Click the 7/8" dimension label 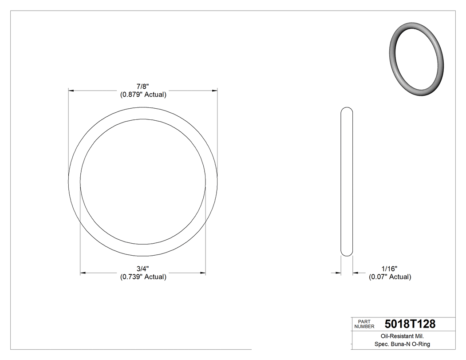[142, 87]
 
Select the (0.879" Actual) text [143, 95]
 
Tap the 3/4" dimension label [142, 269]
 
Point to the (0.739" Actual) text [143, 277]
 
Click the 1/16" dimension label [389, 269]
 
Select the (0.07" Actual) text [390, 277]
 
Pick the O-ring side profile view [347, 182]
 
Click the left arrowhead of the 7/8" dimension [71, 91]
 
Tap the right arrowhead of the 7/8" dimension [214, 91]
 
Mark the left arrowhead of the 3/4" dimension [83, 273]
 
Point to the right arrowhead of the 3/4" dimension [202, 273]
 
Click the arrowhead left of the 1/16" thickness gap [338, 273]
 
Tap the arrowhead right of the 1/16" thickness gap [356, 273]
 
